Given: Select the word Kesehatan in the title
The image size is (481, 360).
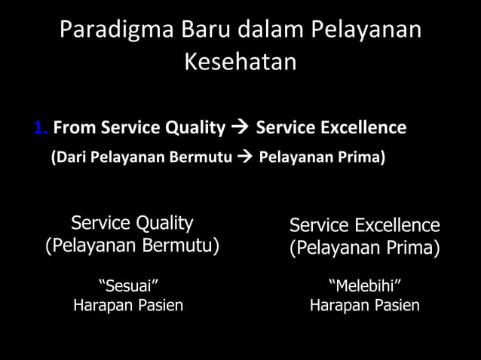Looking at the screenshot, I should (x=240, y=63).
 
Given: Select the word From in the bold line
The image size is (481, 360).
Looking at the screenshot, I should (x=72, y=128).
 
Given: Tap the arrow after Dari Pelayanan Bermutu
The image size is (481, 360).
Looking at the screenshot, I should (x=244, y=158).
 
